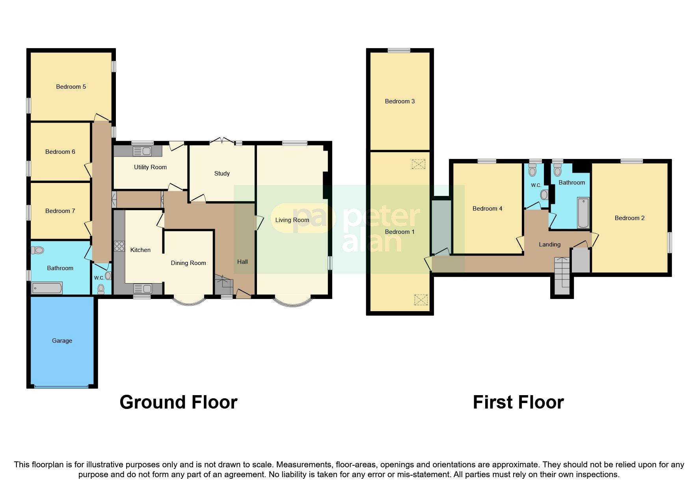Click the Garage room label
(62, 341)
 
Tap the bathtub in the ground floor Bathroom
(47, 288)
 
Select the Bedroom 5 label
(71, 87)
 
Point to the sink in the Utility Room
(142, 151)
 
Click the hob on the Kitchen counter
(119, 246)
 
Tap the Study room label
(222, 174)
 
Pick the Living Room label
(292, 220)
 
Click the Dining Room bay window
(190, 302)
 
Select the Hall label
(242, 262)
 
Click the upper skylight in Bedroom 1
(419, 164)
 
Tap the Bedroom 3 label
(400, 101)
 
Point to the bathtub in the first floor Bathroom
(583, 213)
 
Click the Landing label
(549, 244)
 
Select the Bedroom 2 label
(629, 218)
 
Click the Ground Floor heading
(179, 402)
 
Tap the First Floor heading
(518, 402)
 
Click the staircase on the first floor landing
(562, 276)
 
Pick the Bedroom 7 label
(60, 211)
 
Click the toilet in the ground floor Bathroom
(37, 250)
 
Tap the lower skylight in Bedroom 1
(421, 300)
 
